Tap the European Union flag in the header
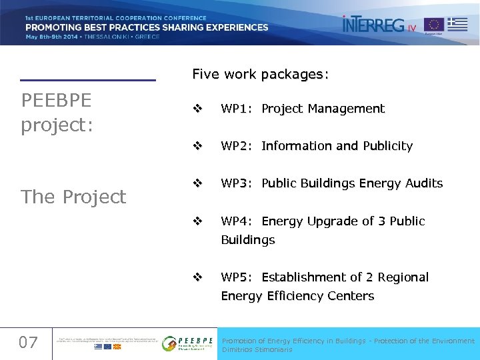[434, 25]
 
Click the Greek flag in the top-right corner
[457, 24]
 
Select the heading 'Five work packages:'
[261, 74]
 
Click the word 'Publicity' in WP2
[387, 146]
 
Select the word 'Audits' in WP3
[421, 183]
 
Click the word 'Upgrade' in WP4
[335, 221]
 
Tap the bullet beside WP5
[197, 277]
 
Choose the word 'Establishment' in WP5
[304, 277]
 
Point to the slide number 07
[28, 343]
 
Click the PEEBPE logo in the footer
[188, 343]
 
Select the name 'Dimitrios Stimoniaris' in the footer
[257, 349]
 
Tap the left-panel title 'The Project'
[73, 197]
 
